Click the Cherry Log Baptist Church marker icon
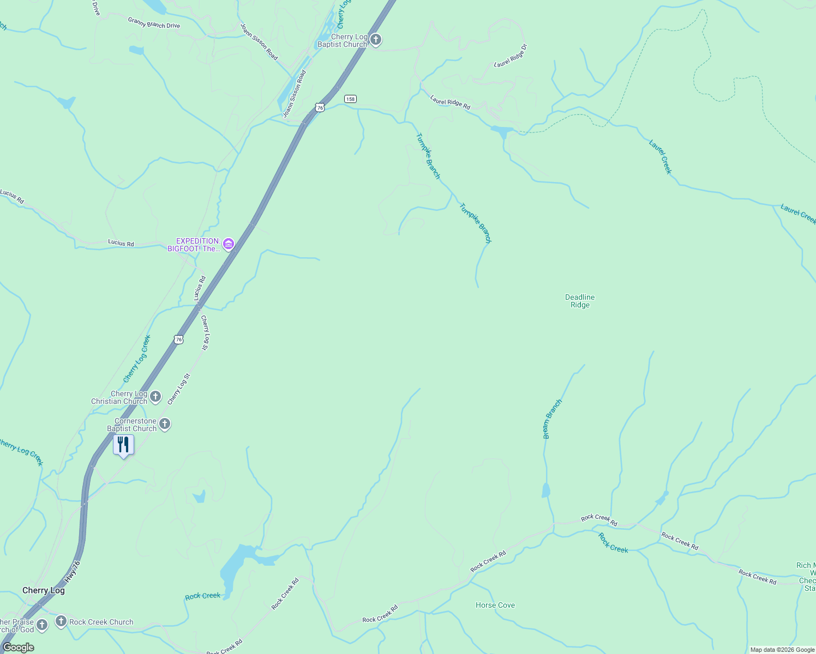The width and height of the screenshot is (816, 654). click(x=375, y=39)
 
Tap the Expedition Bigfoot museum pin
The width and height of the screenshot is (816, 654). click(x=229, y=244)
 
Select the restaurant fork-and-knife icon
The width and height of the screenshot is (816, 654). click(x=124, y=445)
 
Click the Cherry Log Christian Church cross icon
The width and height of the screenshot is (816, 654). click(x=155, y=396)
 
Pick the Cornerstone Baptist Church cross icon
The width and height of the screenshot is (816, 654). click(x=165, y=423)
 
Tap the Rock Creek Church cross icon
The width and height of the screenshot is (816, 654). click(x=61, y=621)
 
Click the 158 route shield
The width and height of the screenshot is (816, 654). click(x=350, y=99)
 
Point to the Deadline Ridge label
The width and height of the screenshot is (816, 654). click(x=580, y=301)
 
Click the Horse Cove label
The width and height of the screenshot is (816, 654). click(x=495, y=605)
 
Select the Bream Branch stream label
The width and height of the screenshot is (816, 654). click(x=552, y=419)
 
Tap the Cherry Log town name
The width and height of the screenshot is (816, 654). click(x=44, y=590)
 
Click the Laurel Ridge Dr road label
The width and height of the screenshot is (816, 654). click(x=511, y=56)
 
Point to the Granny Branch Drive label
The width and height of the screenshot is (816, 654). click(x=154, y=22)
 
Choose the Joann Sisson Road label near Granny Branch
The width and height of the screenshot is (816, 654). click(x=259, y=41)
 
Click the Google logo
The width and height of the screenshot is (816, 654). click(x=19, y=647)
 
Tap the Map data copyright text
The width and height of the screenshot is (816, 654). click(x=782, y=650)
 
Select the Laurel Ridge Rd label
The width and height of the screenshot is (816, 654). click(x=450, y=102)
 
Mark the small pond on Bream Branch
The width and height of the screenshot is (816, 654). click(x=546, y=490)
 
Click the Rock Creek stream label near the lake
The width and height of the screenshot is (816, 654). click(x=202, y=596)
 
